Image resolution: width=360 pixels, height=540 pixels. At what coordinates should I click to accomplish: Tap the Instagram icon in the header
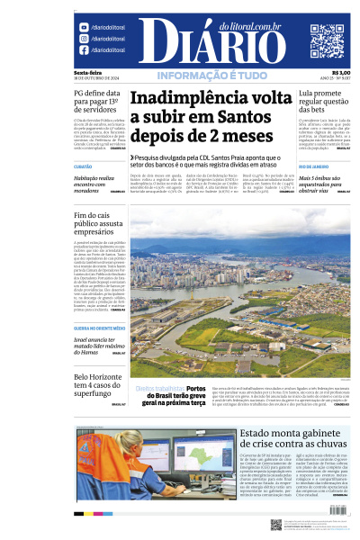point(84,39)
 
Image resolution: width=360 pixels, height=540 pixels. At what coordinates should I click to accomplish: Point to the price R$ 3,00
point(341,73)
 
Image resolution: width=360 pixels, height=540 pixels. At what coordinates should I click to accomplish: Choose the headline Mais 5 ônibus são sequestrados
point(324,184)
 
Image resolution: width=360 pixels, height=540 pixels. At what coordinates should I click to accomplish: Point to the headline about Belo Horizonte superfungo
point(96,383)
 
